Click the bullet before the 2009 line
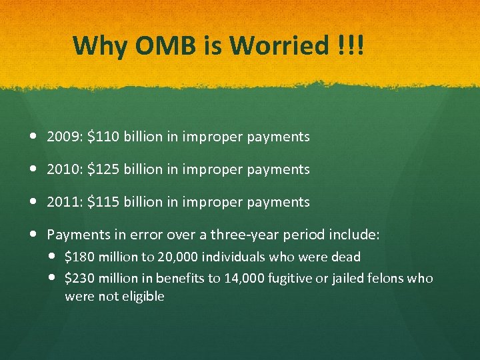point(34,137)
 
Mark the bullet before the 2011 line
point(34,202)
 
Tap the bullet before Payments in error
point(34,235)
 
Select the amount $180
point(77,257)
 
